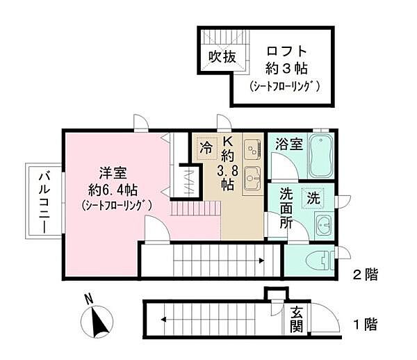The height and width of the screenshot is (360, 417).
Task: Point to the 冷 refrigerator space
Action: tap(206, 148)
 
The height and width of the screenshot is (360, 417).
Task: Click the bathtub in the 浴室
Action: tap(320, 156)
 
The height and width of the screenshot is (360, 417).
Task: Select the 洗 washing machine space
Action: tap(313, 197)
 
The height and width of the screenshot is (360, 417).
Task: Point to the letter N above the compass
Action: tap(88, 300)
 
